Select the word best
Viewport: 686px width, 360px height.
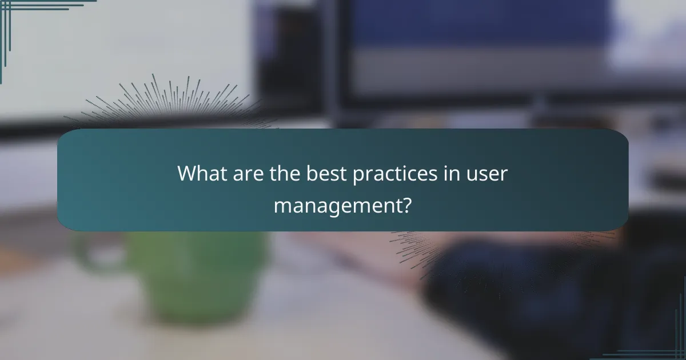[320, 174]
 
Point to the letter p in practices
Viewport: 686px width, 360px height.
[357, 176]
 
